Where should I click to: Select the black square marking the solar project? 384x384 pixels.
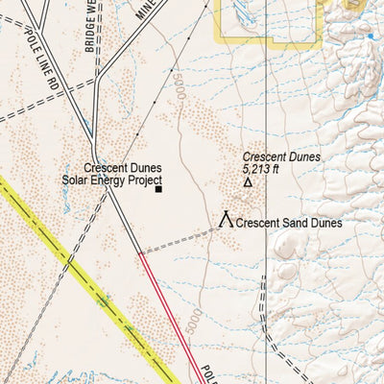tap(158, 189)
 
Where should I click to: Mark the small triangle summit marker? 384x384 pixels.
tap(248, 181)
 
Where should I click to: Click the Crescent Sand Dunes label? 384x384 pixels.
tap(291, 223)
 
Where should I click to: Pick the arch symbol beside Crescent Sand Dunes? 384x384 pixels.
tap(227, 220)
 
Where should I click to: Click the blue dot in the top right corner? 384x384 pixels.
tap(370, 36)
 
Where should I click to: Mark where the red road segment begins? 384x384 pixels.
tap(140, 254)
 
